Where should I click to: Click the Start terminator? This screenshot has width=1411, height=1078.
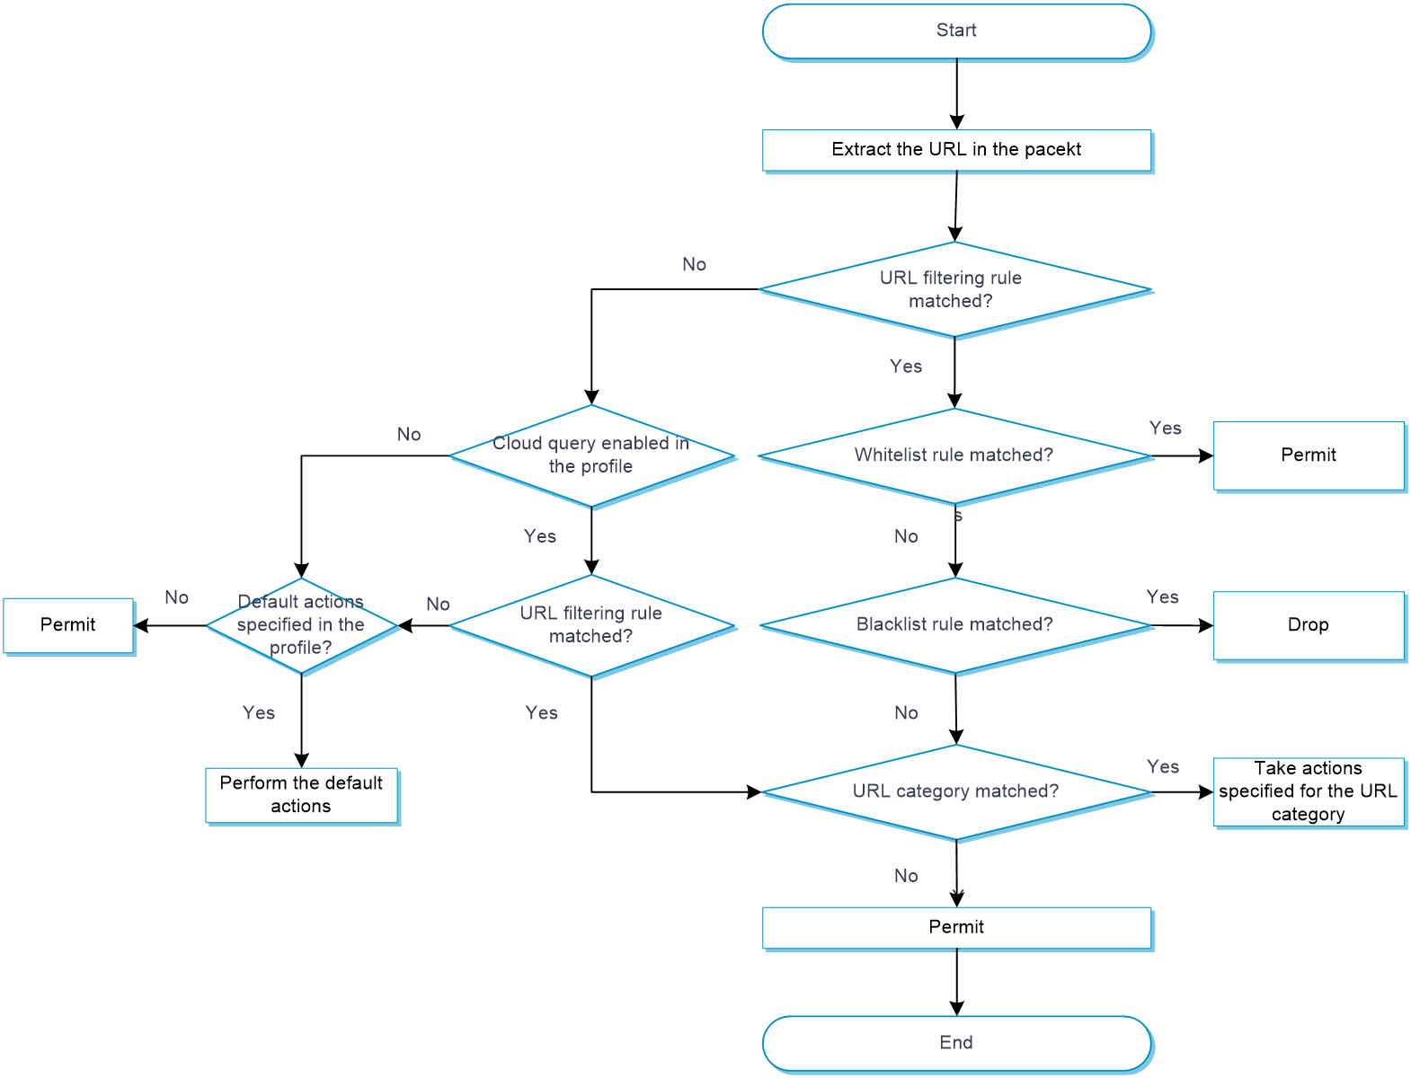pos(956,31)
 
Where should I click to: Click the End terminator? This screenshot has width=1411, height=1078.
pos(956,1043)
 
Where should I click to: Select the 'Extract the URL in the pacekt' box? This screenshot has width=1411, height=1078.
pos(956,150)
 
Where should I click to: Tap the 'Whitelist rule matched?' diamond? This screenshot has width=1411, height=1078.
pos(954,456)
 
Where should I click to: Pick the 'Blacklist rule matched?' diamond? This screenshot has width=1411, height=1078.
pos(954,625)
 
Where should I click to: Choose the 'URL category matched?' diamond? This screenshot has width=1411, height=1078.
pos(956,792)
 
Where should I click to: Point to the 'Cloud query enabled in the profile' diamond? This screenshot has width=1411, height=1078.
pos(591,455)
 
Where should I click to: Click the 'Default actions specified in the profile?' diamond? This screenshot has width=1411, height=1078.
pos(302,625)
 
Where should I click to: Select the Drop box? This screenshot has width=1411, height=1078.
pos(1308,625)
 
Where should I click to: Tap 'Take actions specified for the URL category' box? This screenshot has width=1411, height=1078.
pos(1308,791)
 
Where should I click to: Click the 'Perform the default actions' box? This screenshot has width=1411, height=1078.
pos(301,795)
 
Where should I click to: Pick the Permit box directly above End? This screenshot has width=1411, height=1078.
pos(956,927)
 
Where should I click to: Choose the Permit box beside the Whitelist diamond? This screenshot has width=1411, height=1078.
pos(1308,455)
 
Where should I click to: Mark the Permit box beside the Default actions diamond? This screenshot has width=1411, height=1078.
pos(68,625)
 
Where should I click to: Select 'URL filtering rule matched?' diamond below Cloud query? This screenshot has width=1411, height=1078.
pos(591,625)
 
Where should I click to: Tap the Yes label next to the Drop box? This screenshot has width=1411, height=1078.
pos(1162,597)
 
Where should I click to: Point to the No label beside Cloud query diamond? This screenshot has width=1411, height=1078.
pos(409,435)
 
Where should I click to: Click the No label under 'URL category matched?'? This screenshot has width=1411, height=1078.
pos(906,876)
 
